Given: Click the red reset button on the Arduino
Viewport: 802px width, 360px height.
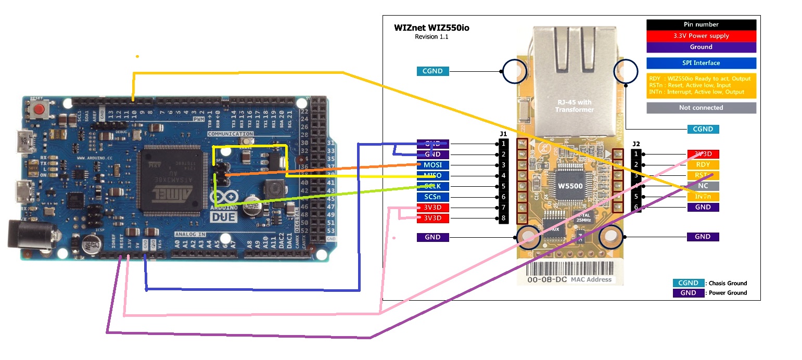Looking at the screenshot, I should pyautogui.click(x=39, y=110).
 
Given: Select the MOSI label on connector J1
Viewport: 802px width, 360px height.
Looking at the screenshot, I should pyautogui.click(x=432, y=165).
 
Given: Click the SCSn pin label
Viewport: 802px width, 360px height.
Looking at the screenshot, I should pyautogui.click(x=432, y=197).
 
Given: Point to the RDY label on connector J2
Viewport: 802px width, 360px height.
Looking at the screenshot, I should pyautogui.click(x=703, y=165).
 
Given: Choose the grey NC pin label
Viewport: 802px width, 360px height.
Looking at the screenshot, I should pyautogui.click(x=703, y=186).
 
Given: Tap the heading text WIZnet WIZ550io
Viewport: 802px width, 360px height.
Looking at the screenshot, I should pyautogui.click(x=431, y=28).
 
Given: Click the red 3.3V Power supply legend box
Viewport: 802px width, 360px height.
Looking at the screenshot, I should pyautogui.click(x=701, y=36).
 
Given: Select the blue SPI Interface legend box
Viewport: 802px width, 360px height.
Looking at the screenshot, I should pyautogui.click(x=701, y=63).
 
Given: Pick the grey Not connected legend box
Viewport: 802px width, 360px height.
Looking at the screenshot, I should pyautogui.click(x=701, y=108).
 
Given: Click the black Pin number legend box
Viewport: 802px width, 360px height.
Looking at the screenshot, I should pyautogui.click(x=701, y=24).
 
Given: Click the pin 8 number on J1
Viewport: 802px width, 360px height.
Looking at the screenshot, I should pyautogui.click(x=503, y=218).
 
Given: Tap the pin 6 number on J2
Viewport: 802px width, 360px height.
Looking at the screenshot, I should pyautogui.click(x=636, y=207).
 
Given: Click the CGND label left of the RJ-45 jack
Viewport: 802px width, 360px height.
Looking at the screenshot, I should pyautogui.click(x=432, y=71).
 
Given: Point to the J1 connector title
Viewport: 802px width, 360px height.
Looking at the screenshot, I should pyautogui.click(x=503, y=134).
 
